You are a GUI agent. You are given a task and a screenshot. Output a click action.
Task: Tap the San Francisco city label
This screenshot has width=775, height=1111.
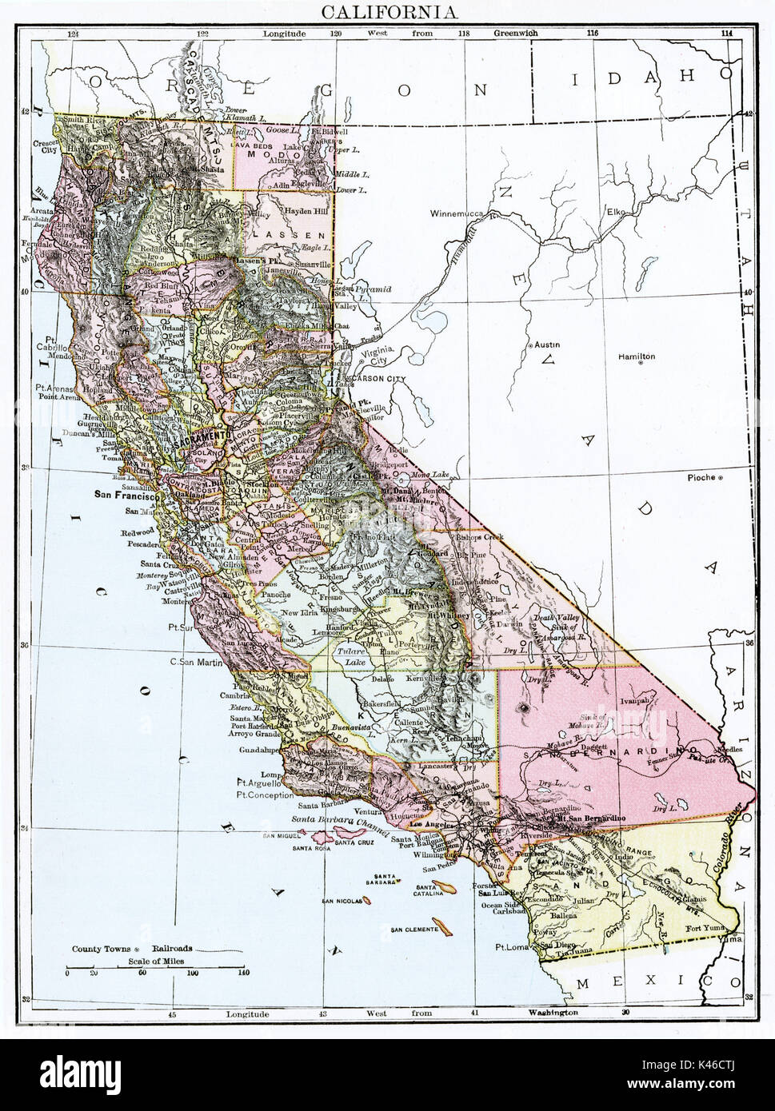coord(125,495)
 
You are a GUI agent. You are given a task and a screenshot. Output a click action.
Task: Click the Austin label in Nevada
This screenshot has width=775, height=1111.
coord(547,344)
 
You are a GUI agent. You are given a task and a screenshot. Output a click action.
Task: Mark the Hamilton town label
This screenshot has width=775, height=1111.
coord(636,356)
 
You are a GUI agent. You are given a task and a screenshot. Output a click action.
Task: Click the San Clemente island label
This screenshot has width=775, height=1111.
coord(413,930)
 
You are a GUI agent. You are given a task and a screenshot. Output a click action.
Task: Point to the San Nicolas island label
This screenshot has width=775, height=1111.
coord(342,901)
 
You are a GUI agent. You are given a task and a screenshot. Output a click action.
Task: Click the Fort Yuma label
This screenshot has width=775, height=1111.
coord(706,929)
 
